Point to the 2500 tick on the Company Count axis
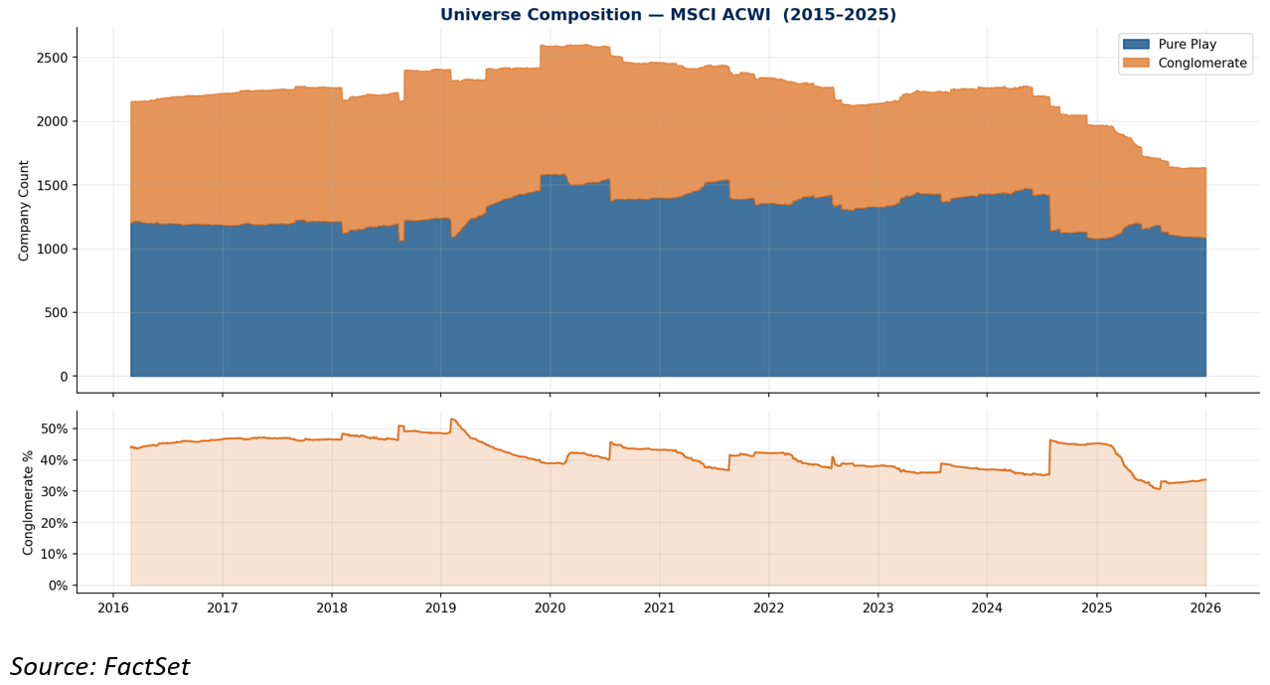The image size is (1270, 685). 55,58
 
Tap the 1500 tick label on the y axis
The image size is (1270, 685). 55,186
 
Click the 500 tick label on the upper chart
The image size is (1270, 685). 57,313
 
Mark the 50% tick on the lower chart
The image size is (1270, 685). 55,428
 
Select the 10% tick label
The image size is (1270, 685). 55,554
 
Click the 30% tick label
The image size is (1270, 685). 55,492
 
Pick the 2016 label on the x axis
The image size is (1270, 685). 113,608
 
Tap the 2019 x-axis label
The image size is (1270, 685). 441,608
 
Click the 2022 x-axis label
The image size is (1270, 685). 769,608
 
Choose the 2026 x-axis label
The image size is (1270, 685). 1206,608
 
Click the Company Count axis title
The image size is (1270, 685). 23,211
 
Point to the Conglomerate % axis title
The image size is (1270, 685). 28,502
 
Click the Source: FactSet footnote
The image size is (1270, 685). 99,666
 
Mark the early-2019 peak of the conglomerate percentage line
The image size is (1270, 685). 452,419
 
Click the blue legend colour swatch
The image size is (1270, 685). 1136,44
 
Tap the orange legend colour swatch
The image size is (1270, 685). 1136,63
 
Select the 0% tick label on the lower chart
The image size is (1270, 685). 58,586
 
